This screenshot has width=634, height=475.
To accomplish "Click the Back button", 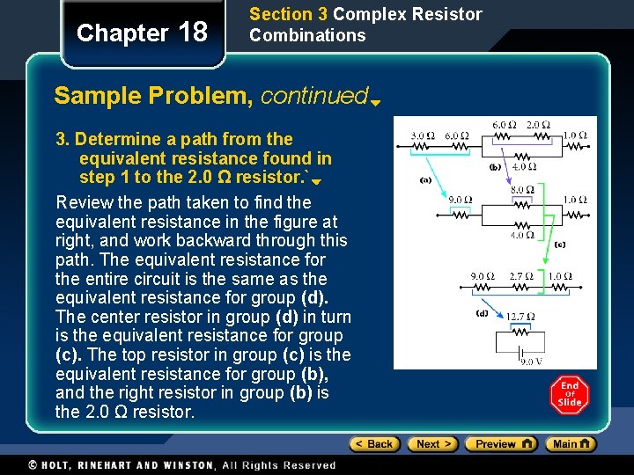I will pyautogui.click(x=374, y=444).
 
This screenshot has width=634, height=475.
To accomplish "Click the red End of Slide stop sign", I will pyautogui.click(x=570, y=395).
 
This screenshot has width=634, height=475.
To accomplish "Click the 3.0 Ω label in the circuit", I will pyautogui.click(x=423, y=136).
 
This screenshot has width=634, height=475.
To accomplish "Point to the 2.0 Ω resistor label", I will pyautogui.click(x=536, y=125).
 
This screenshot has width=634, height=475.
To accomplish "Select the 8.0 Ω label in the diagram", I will pyautogui.click(x=523, y=189).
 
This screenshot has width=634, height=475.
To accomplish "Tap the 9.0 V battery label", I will pyautogui.click(x=530, y=362).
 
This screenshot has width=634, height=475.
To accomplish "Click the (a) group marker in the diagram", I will pyautogui.click(x=425, y=179).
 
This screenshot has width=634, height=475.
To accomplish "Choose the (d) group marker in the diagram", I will pyautogui.click(x=483, y=313).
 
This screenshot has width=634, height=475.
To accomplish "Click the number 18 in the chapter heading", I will pyautogui.click(x=193, y=33).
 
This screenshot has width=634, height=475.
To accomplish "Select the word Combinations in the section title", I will pyautogui.click(x=307, y=35).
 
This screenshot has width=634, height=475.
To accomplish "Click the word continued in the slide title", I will pyautogui.click(x=314, y=95).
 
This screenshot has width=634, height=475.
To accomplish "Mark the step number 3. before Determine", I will pyautogui.click(x=63, y=139).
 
